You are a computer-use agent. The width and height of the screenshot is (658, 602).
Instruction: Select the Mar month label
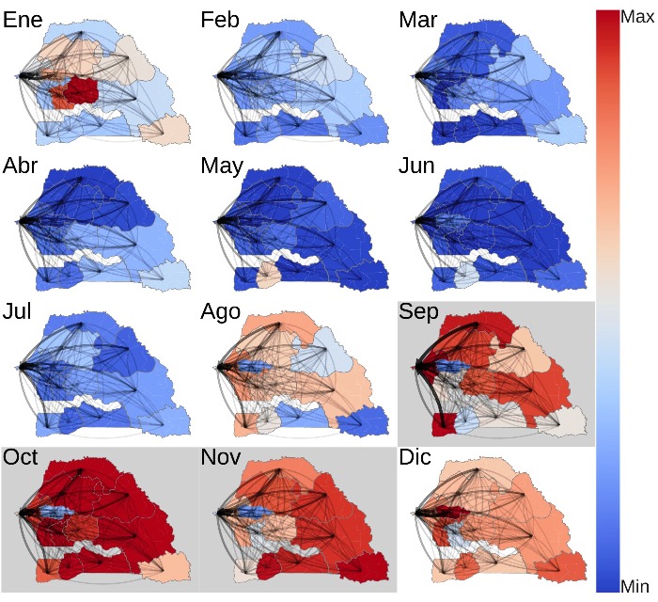[x=418, y=21]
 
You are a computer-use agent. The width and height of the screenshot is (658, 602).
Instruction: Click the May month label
[x=223, y=167]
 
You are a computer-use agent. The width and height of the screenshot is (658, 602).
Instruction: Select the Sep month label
[x=419, y=313]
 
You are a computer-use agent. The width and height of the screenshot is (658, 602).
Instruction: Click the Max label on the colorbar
[x=636, y=16]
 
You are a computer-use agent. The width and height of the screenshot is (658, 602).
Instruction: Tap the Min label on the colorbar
[x=635, y=585]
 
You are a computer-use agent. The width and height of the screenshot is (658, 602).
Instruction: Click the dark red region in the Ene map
[x=77, y=91]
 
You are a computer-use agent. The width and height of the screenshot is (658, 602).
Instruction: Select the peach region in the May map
[x=266, y=276]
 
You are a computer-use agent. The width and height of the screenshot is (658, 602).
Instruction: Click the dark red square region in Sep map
[x=444, y=422]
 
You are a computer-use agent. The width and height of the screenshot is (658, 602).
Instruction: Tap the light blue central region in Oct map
[x=53, y=515]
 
